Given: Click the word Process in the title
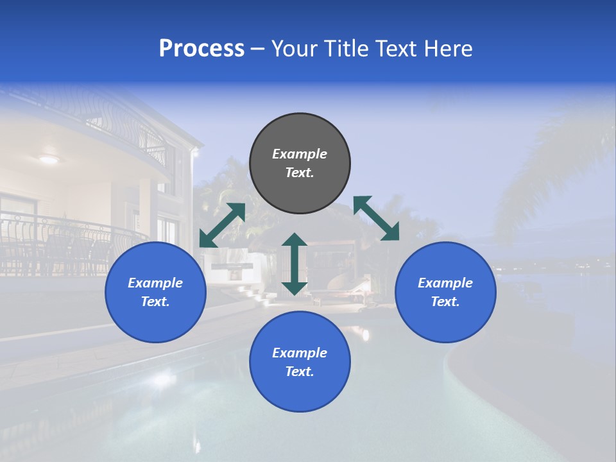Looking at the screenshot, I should pos(201,49).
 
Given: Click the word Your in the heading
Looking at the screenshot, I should pos(294,49).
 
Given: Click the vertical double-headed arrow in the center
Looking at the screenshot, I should pos(295,264).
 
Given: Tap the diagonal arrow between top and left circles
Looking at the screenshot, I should pos(222,225).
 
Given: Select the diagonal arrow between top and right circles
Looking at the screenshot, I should pos(376,219).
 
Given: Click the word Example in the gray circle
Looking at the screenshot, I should pos(300,154).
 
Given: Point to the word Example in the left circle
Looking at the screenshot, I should pos(155,283).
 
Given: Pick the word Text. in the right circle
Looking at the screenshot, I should pos(445,302).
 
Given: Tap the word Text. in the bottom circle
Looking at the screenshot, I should pos(300,372).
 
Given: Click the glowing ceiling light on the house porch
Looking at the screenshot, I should pos(49,159).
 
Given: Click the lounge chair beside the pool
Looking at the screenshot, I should pos(350,292).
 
